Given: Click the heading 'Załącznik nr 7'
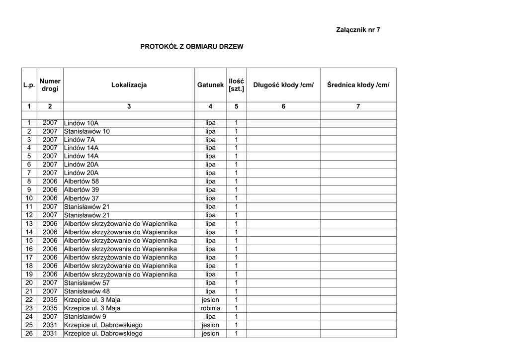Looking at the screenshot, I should coord(358,30).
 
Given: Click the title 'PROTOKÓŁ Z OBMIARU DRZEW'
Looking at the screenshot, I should coord(192,47).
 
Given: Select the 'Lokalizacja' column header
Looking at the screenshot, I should coord(129,85).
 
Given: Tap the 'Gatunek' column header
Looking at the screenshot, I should coord(210,85).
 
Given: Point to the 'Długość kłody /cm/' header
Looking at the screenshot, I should coord(283,85).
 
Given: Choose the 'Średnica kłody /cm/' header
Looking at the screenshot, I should coord(358,85).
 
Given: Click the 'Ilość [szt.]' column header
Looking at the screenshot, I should coord(236,85).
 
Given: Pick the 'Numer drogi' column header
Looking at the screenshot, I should coord(50,85).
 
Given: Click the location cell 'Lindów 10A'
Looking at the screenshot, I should coord(82,123).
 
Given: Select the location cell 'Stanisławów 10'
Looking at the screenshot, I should coord(87,131).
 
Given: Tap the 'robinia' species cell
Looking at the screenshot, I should coord(210,308).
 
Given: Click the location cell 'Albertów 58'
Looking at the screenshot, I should coord(82,181).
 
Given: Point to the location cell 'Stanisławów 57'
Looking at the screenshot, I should coord(87,283).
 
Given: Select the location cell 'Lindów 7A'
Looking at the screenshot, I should coord(80,140).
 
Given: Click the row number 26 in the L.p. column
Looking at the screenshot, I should coord(29,334).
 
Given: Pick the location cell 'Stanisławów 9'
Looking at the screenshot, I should coord(85,316).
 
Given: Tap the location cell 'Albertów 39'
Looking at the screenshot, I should coord(82,190).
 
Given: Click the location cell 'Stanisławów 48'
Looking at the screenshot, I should coord(87,291).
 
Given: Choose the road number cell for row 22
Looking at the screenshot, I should coord(50,300).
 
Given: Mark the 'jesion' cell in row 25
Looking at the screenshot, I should coord(210,325).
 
